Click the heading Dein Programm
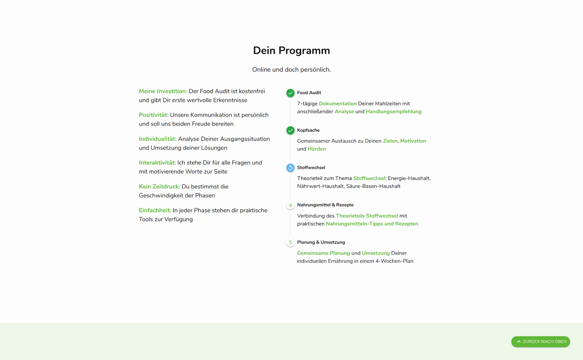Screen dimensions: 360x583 [291, 50]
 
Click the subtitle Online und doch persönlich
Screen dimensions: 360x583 [291, 70]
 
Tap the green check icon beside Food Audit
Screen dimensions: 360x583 [290, 93]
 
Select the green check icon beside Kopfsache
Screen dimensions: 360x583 [290, 130]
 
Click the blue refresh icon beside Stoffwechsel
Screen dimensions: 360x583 [290, 168]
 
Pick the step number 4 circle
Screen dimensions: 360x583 [290, 205]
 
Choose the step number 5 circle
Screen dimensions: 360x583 [290, 243]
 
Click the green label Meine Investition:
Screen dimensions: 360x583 [163, 91]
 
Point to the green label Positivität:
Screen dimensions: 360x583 [154, 115]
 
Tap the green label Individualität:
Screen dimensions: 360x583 [158, 139]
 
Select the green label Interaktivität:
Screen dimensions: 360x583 [157, 163]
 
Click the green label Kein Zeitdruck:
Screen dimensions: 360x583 [159, 186]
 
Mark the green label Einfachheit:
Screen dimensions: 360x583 [155, 210]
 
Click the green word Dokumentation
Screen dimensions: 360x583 [337, 104]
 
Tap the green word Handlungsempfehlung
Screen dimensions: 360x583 [394, 111]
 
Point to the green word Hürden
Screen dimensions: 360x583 [317, 149]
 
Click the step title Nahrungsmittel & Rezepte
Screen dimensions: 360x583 [325, 205]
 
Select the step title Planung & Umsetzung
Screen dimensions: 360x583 [321, 242]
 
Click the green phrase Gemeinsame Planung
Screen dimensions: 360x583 [323, 253]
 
